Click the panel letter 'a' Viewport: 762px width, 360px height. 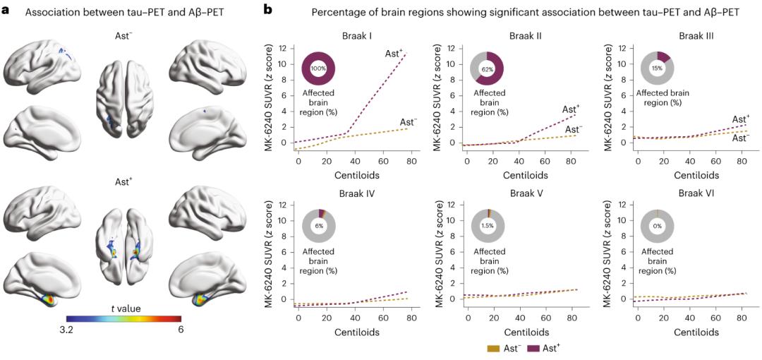6,10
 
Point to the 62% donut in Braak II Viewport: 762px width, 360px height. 488,69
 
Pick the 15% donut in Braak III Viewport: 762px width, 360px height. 657,68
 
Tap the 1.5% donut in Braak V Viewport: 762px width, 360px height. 488,225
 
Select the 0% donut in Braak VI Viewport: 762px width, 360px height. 657,225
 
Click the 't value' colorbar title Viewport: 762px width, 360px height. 124,308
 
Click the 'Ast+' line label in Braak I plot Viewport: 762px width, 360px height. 394,54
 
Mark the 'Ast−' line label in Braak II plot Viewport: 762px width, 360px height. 572,129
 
